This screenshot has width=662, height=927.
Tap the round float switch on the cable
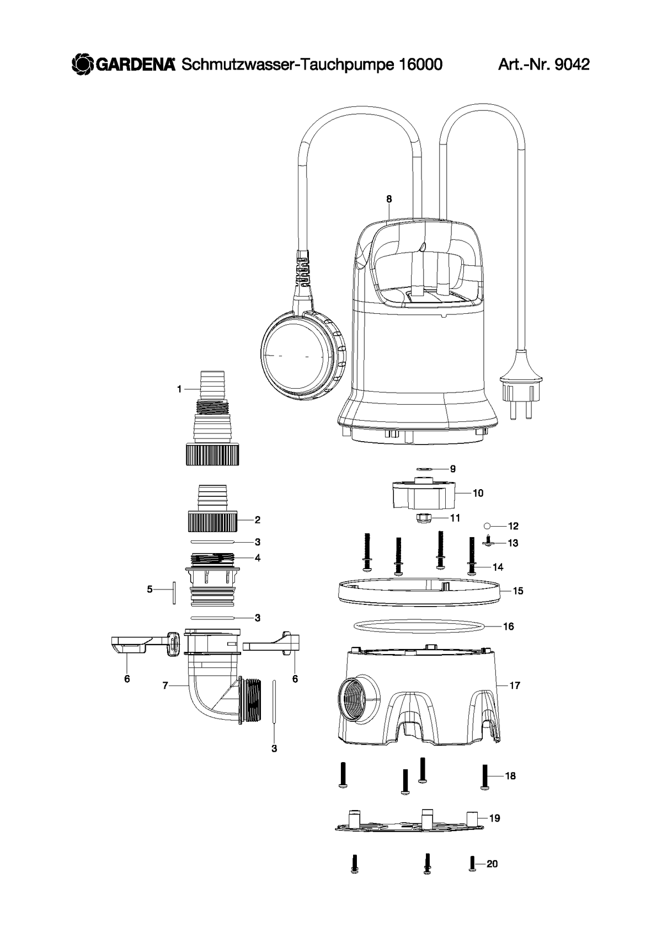tap(303, 356)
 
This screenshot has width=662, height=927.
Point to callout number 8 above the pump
tap(389, 199)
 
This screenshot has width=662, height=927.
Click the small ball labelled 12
tap(487, 526)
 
